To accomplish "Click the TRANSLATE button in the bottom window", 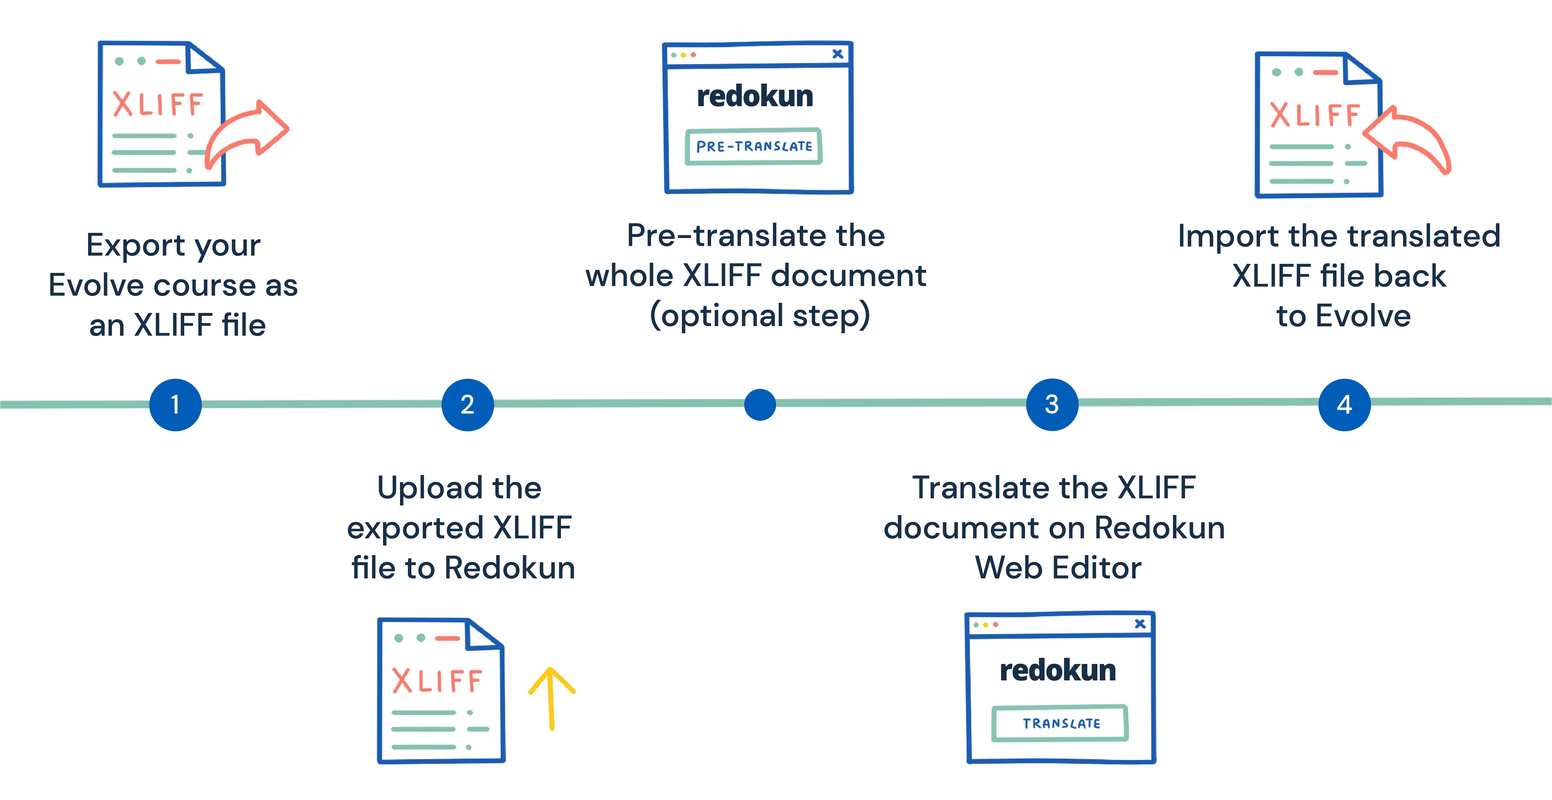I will [1060, 723].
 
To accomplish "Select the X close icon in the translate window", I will [1140, 624].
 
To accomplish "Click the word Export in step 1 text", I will [135, 245].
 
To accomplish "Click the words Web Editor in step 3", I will [1058, 567].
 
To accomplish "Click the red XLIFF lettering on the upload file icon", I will [437, 681].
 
